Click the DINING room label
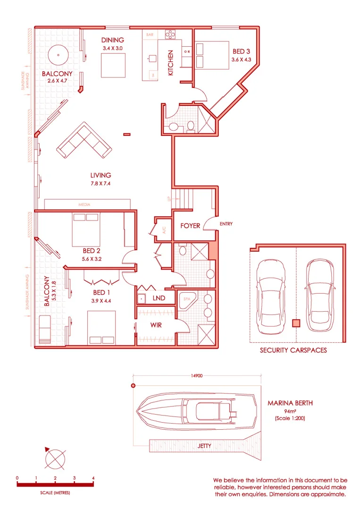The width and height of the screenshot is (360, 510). (x=113, y=40)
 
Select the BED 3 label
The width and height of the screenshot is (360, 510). (x=239, y=51)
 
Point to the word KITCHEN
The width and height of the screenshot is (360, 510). (x=171, y=63)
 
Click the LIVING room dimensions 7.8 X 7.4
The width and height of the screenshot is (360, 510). (x=100, y=184)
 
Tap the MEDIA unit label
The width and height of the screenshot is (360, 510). (x=84, y=204)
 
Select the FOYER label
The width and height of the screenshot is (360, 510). (x=190, y=226)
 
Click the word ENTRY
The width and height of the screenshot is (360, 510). (x=226, y=224)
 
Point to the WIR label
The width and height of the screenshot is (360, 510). (x=157, y=325)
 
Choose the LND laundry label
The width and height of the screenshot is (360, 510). (x=159, y=298)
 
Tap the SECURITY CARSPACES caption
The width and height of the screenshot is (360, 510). (x=293, y=350)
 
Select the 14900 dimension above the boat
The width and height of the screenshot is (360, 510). (x=197, y=376)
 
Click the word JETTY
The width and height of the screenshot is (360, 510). (x=204, y=446)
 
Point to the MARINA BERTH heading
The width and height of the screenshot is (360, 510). (x=290, y=403)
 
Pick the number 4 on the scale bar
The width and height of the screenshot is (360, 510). (x=93, y=478)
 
